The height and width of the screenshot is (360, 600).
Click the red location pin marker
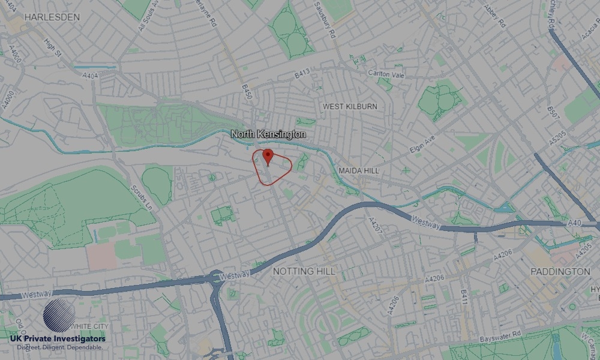(x=268, y=157)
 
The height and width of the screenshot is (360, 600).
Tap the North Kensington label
(x=269, y=134)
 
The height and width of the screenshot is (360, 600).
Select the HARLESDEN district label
(x=52, y=17)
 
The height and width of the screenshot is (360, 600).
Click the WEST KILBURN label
(x=350, y=106)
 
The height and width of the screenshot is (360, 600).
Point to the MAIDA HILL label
(x=359, y=171)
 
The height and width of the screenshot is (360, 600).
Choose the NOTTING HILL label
(x=304, y=271)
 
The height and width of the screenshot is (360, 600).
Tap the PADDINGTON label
(x=560, y=271)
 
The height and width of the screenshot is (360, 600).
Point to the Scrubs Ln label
(x=142, y=197)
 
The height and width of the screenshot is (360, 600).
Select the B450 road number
(x=246, y=92)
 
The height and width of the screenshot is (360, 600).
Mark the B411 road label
(x=464, y=296)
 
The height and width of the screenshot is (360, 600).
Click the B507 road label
(x=552, y=114)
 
